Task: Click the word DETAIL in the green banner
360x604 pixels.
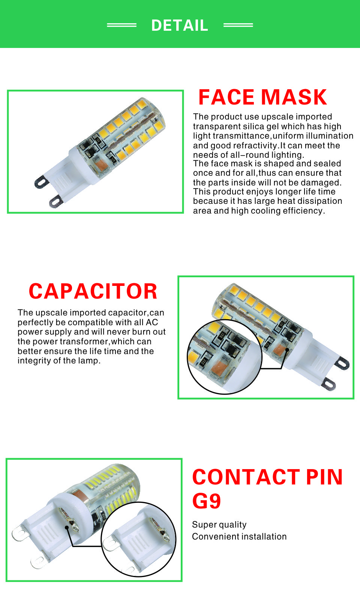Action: pyautogui.click(x=180, y=25)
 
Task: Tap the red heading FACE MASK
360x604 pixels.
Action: pyautogui.click(x=262, y=97)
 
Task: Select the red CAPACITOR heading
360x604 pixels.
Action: pyautogui.click(x=93, y=291)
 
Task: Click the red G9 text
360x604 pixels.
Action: pyautogui.click(x=207, y=501)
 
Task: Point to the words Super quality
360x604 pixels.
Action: pyautogui.click(x=219, y=525)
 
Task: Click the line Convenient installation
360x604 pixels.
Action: pyautogui.click(x=239, y=537)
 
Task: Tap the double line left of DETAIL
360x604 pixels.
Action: pyautogui.click(x=122, y=25)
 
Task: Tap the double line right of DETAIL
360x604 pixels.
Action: pyautogui.click(x=238, y=25)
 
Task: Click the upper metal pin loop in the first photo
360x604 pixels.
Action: pyautogui.click(x=41, y=182)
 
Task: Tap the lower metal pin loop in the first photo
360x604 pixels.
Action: pyautogui.click(x=56, y=201)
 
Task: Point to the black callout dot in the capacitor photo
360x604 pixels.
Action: pyautogui.click(x=287, y=350)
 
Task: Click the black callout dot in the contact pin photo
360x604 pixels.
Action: pyautogui.click(x=67, y=528)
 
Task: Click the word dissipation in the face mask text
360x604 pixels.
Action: pyautogui.click(x=313, y=201)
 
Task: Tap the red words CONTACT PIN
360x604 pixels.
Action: pyautogui.click(x=267, y=477)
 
